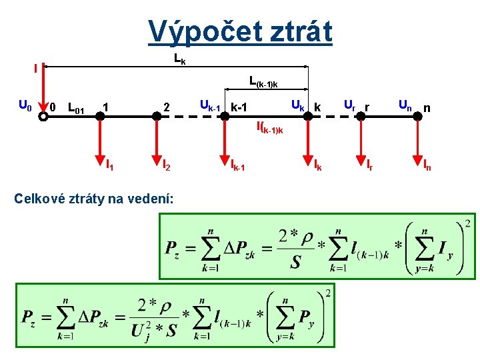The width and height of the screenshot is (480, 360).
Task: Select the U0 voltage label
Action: point(25,105)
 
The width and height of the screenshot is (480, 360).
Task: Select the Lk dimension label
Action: point(179,59)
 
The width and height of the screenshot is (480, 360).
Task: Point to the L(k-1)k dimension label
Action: point(263,82)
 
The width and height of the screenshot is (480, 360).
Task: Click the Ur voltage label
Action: point(349,104)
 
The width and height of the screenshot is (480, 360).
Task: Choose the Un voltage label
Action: point(405,104)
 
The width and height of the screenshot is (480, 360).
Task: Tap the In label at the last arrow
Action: point(427,164)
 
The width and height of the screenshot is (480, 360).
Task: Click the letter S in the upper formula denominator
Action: point(295,262)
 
